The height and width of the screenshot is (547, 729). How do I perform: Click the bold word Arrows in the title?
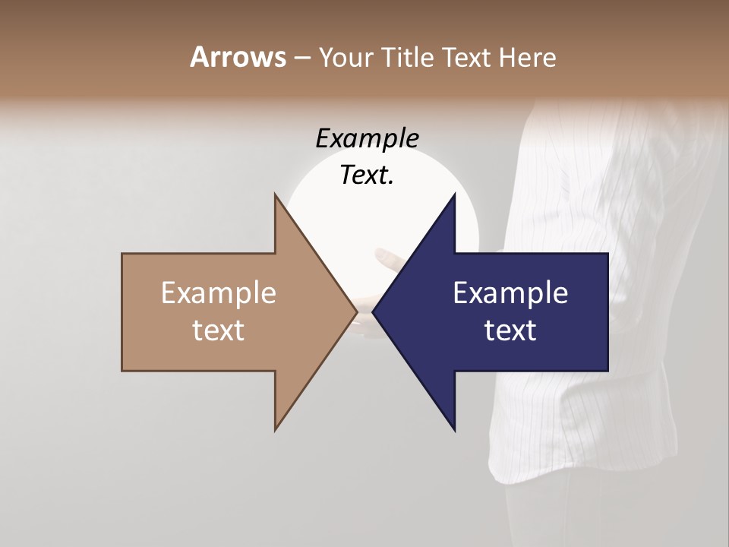point(238,57)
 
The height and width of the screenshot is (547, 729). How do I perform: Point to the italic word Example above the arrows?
point(367,139)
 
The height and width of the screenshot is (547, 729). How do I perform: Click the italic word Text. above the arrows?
point(367,175)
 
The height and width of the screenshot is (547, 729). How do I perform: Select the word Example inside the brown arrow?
point(218,293)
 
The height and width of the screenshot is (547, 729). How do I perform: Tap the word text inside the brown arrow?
point(218,330)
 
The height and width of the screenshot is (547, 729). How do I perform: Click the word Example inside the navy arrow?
point(510,293)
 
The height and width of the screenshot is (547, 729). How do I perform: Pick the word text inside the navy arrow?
point(510,330)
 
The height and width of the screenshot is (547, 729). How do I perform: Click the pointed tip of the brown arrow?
point(356,311)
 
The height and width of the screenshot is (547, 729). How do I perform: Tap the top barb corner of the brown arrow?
point(276,194)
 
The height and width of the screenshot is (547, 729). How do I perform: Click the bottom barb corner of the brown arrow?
point(276,429)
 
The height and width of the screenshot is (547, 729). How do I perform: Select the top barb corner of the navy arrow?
point(454,194)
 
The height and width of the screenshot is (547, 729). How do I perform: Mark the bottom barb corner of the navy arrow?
point(454,429)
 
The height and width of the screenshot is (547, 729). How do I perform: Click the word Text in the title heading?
point(466,57)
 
